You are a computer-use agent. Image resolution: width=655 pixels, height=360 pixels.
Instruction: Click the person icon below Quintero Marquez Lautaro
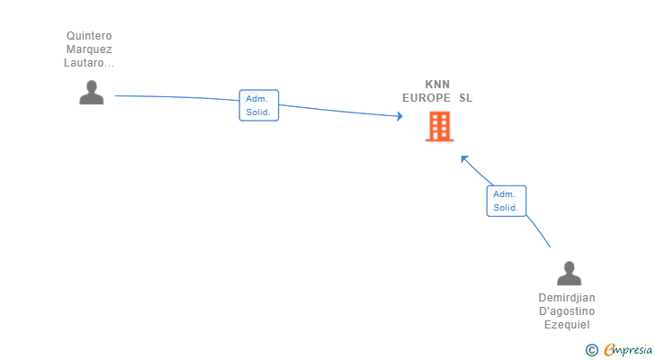click(x=92, y=93)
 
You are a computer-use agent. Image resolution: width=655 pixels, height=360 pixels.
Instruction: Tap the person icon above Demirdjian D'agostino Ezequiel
click(x=569, y=273)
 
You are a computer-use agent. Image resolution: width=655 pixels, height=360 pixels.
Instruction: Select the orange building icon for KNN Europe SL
click(x=439, y=127)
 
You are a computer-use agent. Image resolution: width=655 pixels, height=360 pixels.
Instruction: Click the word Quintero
click(x=89, y=36)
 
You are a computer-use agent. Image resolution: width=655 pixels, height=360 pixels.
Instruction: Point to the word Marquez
click(x=89, y=49)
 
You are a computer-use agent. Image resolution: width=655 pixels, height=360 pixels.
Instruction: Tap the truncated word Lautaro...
click(x=88, y=63)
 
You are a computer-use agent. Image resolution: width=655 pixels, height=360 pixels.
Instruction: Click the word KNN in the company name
click(x=437, y=85)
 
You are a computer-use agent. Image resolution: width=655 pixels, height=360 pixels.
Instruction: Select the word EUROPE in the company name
click(x=426, y=98)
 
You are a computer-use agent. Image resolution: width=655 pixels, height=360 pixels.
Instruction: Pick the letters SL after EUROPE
click(x=466, y=98)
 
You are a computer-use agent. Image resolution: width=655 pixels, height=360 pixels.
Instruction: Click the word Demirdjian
click(x=567, y=298)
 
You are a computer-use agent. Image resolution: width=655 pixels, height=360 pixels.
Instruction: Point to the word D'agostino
click(x=567, y=311)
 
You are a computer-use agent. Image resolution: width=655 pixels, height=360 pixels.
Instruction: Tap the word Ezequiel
click(x=567, y=325)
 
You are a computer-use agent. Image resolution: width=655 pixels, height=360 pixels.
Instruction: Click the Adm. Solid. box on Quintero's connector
click(x=259, y=105)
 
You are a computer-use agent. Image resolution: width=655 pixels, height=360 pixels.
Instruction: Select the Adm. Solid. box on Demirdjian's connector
click(x=507, y=201)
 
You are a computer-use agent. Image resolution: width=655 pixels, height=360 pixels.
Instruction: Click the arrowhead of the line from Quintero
click(x=399, y=116)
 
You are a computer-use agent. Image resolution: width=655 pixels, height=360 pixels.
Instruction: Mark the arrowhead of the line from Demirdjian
click(x=463, y=158)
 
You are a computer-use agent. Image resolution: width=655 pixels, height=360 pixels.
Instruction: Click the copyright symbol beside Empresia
click(x=591, y=350)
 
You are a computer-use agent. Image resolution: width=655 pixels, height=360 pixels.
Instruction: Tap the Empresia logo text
click(x=628, y=350)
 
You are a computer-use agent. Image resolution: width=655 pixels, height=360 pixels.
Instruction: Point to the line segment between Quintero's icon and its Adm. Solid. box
click(x=177, y=97)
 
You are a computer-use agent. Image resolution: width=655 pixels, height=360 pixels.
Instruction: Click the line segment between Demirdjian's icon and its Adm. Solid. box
click(x=538, y=230)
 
